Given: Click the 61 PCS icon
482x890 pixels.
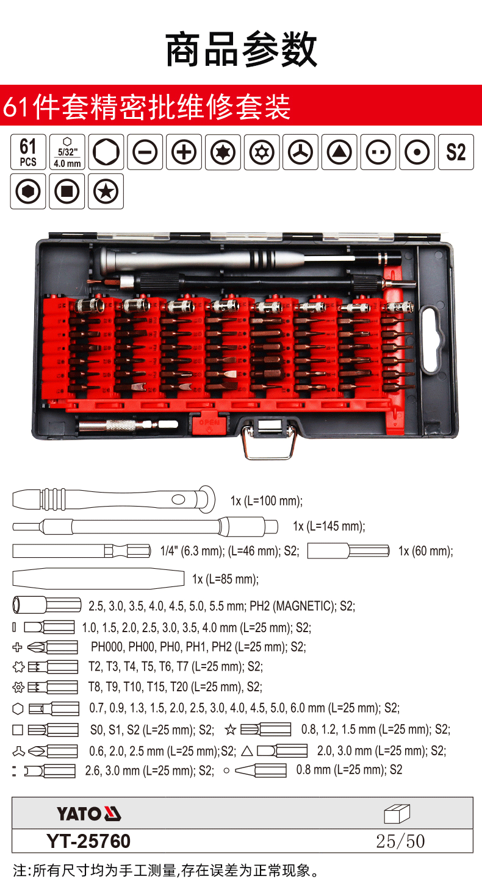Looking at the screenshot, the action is click(28, 152).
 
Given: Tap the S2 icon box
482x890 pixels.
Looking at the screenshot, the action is click(456, 152).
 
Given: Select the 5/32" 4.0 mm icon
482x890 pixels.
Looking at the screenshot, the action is click(67, 152).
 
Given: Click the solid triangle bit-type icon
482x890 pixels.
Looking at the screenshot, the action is click(339, 152).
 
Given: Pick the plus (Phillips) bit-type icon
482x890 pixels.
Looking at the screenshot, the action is click(184, 152).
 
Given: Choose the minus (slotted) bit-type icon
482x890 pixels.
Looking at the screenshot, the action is click(145, 152).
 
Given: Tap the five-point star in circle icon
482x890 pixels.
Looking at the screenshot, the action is click(106, 191).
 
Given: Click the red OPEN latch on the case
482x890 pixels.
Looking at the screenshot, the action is click(209, 424).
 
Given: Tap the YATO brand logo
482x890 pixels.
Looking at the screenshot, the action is click(88, 814).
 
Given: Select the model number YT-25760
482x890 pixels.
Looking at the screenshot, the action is click(88, 841).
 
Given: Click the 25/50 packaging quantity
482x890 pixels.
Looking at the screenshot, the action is click(400, 841).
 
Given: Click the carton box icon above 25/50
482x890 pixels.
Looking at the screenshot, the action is click(397, 814).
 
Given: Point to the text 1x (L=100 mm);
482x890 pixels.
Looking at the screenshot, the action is click(267, 500).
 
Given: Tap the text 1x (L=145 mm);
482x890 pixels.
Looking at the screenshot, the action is click(329, 526).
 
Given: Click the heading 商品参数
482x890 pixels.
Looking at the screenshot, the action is click(241, 49).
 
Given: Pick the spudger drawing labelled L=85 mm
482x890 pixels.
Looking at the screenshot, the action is click(98, 578).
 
